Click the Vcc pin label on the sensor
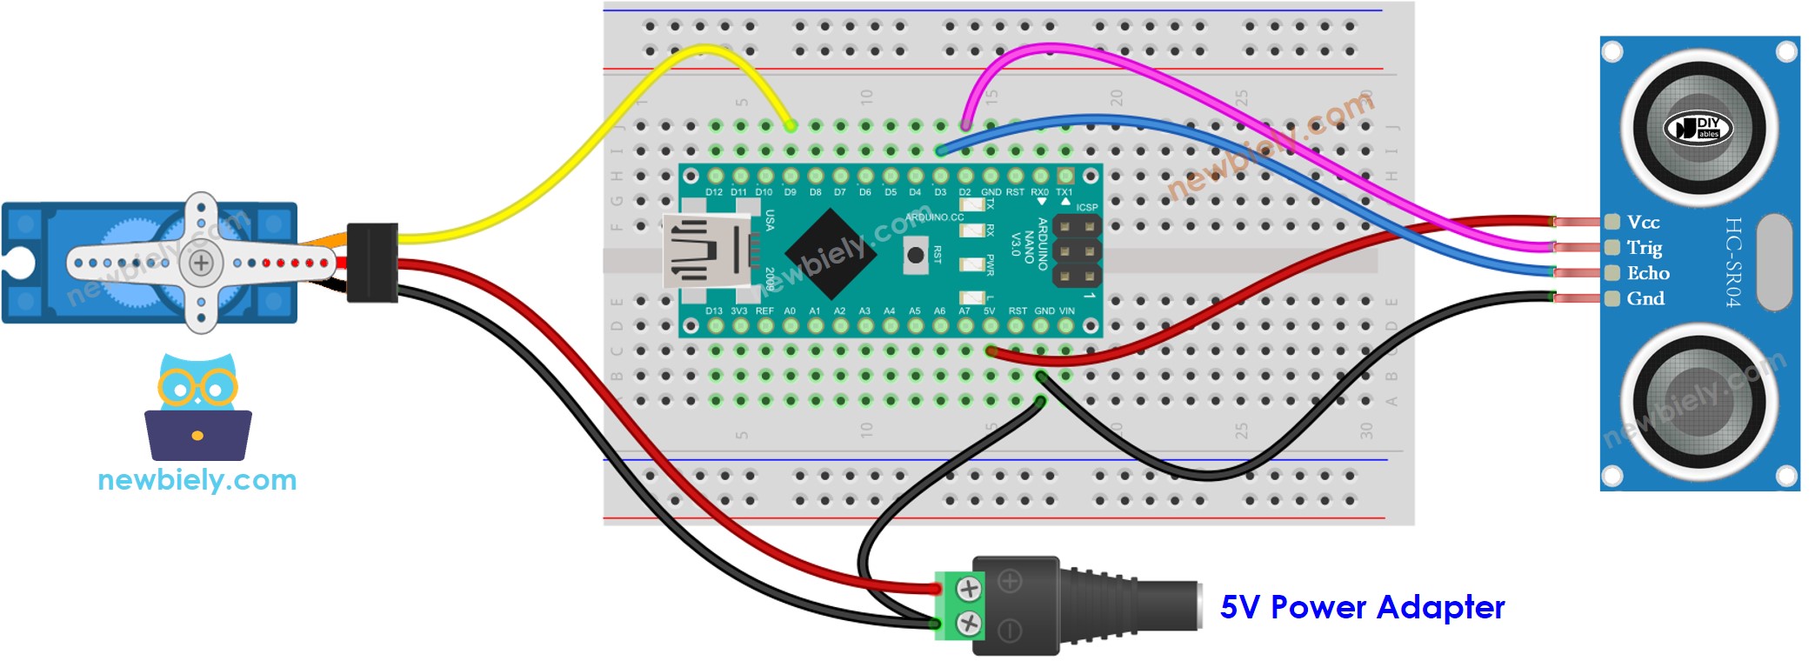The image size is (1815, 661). pos(1643,223)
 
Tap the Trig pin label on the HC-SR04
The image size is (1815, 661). pos(1645,248)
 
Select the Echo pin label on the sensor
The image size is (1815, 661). pos(1648,273)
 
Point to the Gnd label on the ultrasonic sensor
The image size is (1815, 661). pos(1645,298)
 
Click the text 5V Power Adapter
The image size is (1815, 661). pos(1362,607)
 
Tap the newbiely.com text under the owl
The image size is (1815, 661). pos(197,479)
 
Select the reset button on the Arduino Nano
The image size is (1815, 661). pos(915,255)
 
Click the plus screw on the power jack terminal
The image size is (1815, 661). pos(969,589)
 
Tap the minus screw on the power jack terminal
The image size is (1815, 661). pos(969,623)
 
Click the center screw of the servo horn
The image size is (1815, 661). pos(201,263)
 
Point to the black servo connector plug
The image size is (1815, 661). pos(372,263)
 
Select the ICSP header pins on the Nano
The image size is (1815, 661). pos(1077,252)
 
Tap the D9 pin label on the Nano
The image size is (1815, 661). pos(790,192)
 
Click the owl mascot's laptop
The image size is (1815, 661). pos(198,435)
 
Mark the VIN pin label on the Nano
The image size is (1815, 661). pos(1066,310)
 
